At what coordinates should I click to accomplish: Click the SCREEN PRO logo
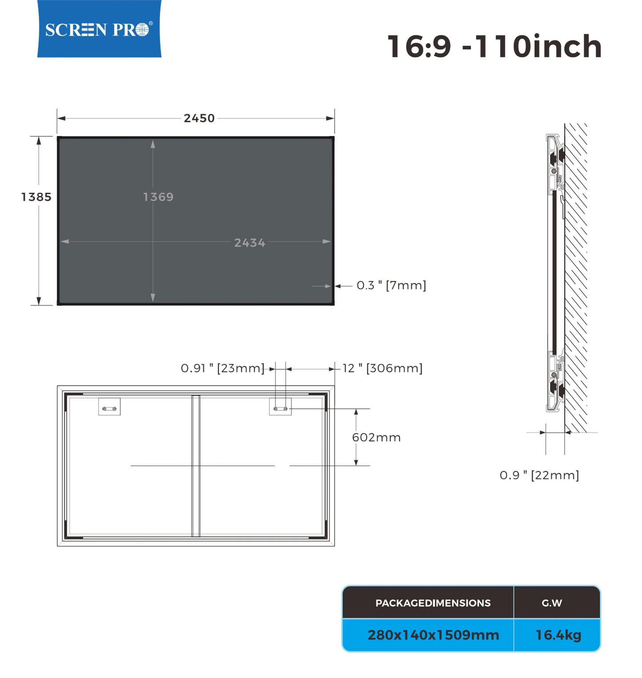pos(99,29)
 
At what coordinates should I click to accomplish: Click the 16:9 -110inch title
pos(494,46)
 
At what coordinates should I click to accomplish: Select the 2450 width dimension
pos(199,118)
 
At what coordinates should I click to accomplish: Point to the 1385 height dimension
pos(36,197)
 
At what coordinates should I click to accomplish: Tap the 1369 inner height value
pos(158,197)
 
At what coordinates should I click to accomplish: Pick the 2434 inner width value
pos(250,243)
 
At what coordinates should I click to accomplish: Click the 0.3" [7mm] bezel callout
pos(391,285)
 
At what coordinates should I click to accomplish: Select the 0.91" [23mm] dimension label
pos(223,368)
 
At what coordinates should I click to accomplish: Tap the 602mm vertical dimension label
pos(376,438)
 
